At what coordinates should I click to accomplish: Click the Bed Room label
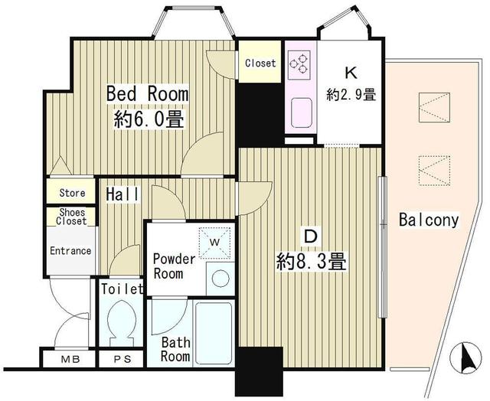point(148,93)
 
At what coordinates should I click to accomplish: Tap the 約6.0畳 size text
point(149,119)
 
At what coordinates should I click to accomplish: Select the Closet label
point(260,63)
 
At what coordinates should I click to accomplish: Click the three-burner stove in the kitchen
point(299,64)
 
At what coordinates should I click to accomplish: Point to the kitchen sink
point(301,112)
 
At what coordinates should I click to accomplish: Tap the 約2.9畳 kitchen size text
point(351,94)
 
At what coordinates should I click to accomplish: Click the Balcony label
point(429,220)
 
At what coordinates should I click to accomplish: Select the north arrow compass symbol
point(465,358)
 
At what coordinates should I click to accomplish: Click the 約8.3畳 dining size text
point(312,262)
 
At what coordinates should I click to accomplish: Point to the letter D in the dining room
point(311,236)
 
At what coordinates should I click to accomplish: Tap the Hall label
point(122,194)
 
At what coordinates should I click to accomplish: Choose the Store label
point(72,193)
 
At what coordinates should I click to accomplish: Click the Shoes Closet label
point(71,217)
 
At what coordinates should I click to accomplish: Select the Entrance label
point(70,251)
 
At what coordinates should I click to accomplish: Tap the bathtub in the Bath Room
point(213,333)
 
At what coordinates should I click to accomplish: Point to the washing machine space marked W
point(215,243)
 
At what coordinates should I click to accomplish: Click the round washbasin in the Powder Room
point(220,279)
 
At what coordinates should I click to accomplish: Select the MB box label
point(70,359)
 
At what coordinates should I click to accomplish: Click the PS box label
point(122,359)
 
